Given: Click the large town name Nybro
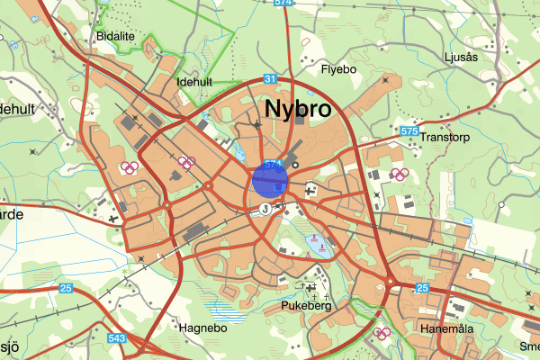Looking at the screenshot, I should pyautogui.click(x=298, y=110).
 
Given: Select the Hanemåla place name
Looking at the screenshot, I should pyautogui.click(x=446, y=329).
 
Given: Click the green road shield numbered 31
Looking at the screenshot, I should pyautogui.click(x=270, y=79).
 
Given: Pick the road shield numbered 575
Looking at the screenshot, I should pyautogui.click(x=409, y=132).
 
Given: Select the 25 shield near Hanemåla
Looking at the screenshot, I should pyautogui.click(x=423, y=288).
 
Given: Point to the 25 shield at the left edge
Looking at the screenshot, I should pyautogui.click(x=66, y=289).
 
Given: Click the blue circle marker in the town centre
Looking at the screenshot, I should pyautogui.click(x=269, y=178).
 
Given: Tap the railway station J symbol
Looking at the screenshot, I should pyautogui.click(x=265, y=208).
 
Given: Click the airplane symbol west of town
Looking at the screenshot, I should pyautogui.click(x=112, y=218).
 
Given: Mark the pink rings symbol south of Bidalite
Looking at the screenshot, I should pyautogui.click(x=129, y=166).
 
